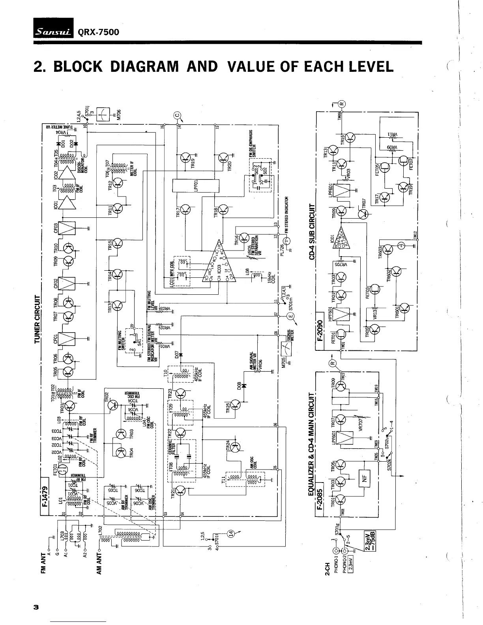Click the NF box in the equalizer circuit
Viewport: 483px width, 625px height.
coord(364,478)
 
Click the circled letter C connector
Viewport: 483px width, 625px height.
coord(177,116)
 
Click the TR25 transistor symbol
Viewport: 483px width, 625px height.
coord(235,404)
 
